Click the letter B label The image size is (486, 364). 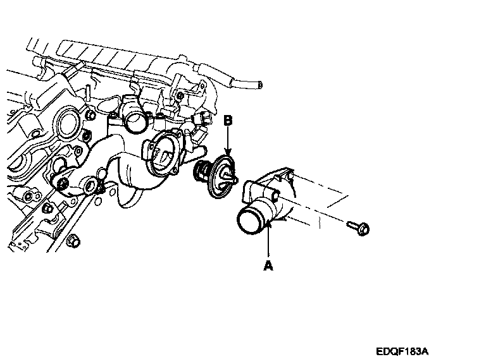point(228,119)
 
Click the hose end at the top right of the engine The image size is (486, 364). point(258,84)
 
